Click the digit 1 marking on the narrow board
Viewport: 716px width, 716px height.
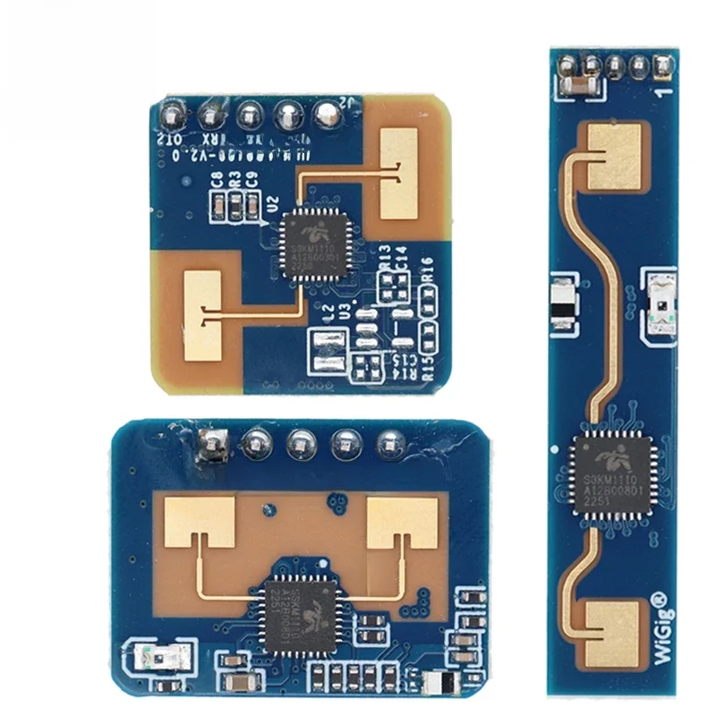(660, 90)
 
